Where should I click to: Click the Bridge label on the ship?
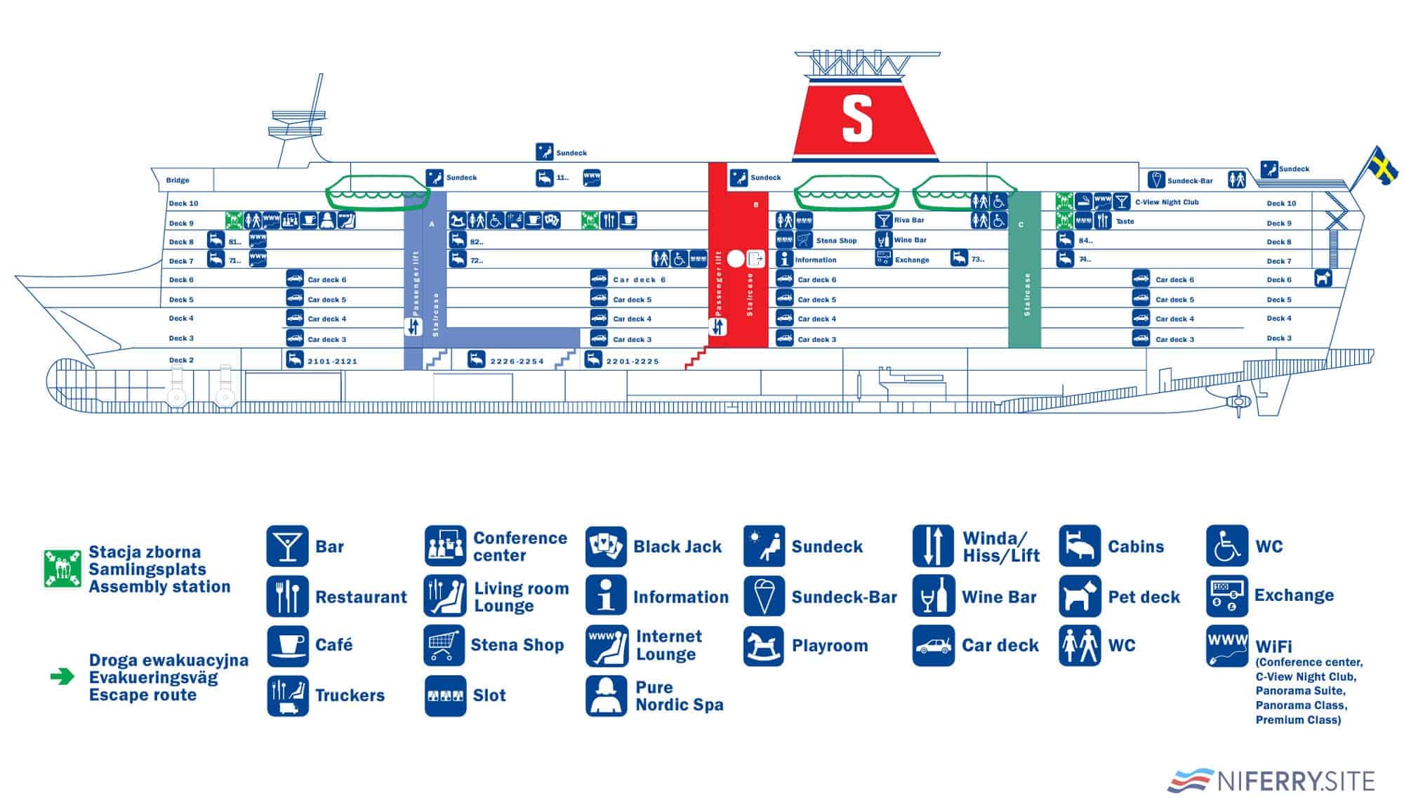178,180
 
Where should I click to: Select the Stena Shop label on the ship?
836,241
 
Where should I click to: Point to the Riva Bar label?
909,220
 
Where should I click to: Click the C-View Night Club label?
1167,202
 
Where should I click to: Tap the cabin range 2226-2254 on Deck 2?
517,361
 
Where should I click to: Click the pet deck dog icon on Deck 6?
1323,279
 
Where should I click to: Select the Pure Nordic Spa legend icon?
606,696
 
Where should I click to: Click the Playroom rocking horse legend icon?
764,646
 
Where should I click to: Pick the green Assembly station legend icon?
62,569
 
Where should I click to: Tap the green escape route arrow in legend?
62,677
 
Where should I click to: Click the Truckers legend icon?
287,696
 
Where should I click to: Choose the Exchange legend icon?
1226,596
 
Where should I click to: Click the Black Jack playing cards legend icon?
606,547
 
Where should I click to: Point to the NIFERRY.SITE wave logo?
1191,780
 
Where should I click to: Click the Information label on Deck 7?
816,260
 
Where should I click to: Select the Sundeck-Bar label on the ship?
1190,181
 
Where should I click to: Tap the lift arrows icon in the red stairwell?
717,327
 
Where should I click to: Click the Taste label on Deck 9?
1125,222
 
